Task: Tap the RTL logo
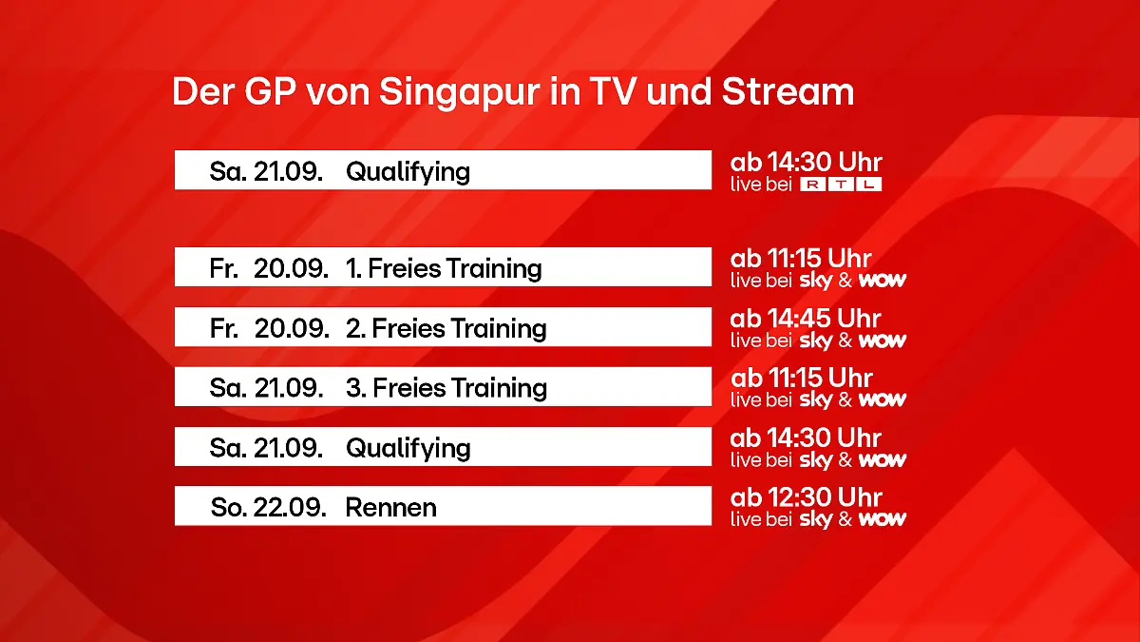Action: (841, 185)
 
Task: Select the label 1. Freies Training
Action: (444, 268)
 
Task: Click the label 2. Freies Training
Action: (446, 328)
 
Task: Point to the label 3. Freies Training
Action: (446, 388)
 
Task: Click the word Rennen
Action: (390, 507)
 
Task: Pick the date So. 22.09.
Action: (269, 507)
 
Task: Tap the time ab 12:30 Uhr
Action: (807, 497)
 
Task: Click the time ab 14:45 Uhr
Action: (806, 319)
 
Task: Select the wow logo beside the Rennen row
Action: (883, 519)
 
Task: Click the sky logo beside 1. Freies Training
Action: (815, 281)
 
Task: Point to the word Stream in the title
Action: (788, 93)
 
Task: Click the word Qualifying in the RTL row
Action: (408, 172)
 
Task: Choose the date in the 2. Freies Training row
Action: (269, 328)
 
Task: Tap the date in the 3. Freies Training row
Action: (267, 388)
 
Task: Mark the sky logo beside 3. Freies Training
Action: (815, 400)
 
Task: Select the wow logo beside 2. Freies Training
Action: (883, 340)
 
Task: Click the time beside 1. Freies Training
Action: (801, 259)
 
